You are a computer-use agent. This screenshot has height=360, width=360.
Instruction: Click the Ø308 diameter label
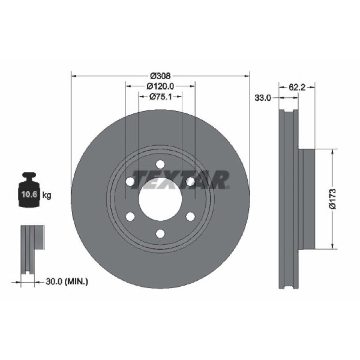[x=160, y=76]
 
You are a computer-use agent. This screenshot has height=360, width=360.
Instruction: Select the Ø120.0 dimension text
[x=160, y=86]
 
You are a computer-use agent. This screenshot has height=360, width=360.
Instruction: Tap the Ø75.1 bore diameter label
[x=160, y=97]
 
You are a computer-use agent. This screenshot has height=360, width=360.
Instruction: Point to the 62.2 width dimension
[x=297, y=87]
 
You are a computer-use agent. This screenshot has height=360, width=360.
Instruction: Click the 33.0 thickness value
[x=263, y=98]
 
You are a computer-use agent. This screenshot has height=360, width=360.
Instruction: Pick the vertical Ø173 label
[x=333, y=199]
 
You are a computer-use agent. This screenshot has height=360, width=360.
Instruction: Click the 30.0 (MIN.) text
[x=67, y=282]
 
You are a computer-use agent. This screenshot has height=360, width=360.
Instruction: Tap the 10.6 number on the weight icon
[x=29, y=194]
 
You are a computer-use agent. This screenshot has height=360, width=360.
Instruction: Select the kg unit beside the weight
[x=47, y=195]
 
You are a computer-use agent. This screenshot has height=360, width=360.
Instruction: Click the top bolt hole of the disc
[x=160, y=164]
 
